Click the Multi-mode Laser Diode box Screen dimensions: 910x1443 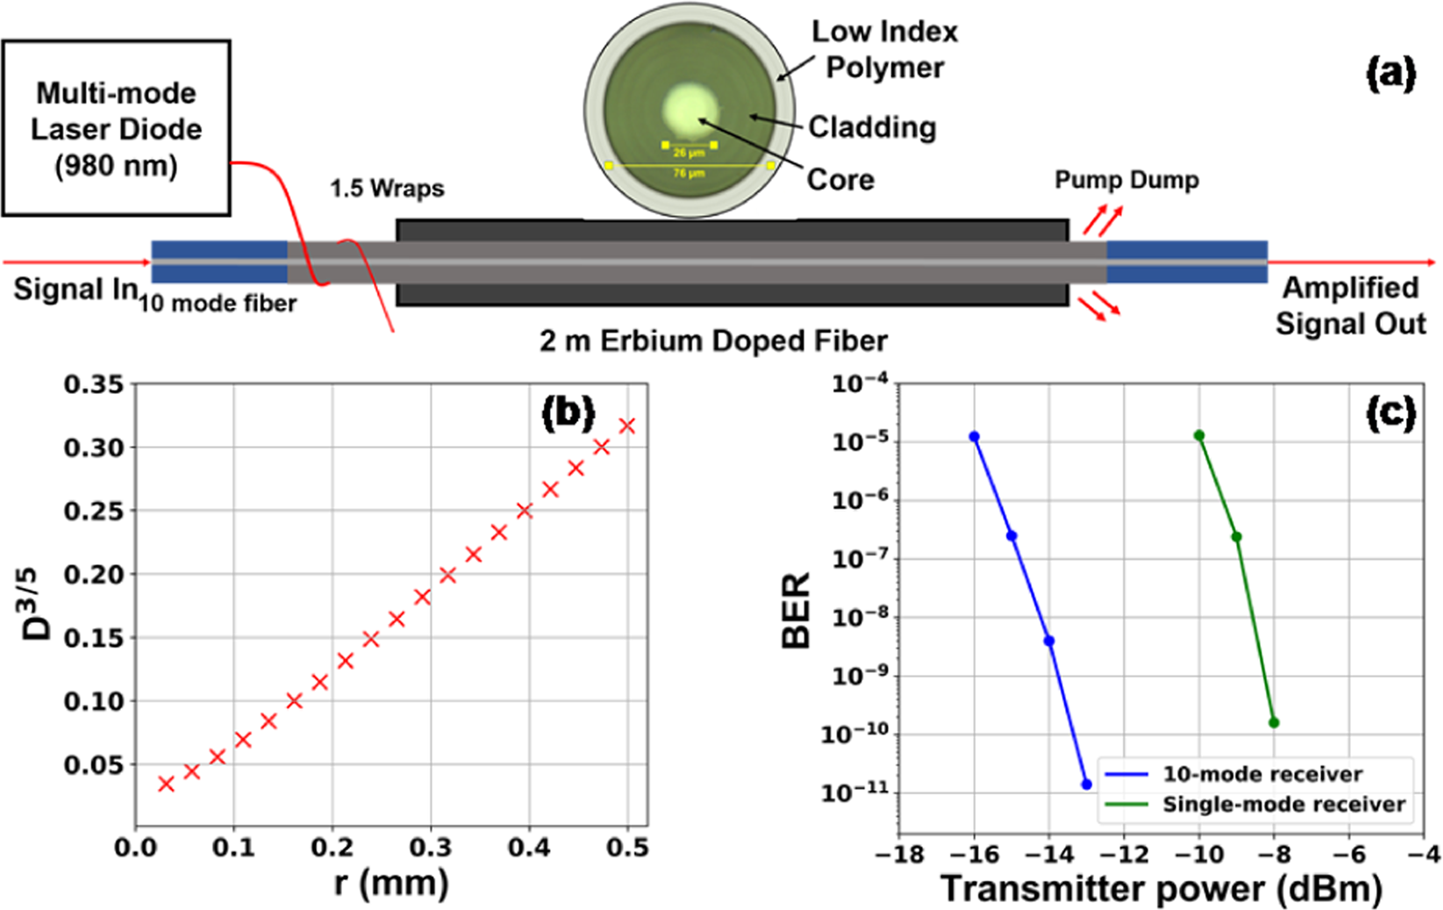tap(116, 128)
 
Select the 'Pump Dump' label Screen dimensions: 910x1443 tap(1125, 180)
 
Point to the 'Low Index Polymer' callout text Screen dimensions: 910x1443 tap(884, 49)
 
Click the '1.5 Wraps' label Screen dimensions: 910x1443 tap(387, 189)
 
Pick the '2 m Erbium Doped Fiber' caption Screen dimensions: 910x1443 tap(713, 340)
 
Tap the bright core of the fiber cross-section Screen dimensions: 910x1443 tap(691, 113)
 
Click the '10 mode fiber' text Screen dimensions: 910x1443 tap(218, 304)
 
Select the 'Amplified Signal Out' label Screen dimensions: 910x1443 tap(1350, 305)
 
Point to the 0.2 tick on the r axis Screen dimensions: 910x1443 tap(332, 848)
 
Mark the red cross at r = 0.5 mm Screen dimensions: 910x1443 tap(627, 426)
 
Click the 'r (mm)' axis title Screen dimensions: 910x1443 tap(391, 883)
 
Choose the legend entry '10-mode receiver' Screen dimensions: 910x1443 tap(1261, 774)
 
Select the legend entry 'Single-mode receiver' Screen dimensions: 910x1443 tap(1283, 804)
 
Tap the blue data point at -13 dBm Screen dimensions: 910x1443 tap(1086, 785)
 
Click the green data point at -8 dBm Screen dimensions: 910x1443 tap(1274, 723)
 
